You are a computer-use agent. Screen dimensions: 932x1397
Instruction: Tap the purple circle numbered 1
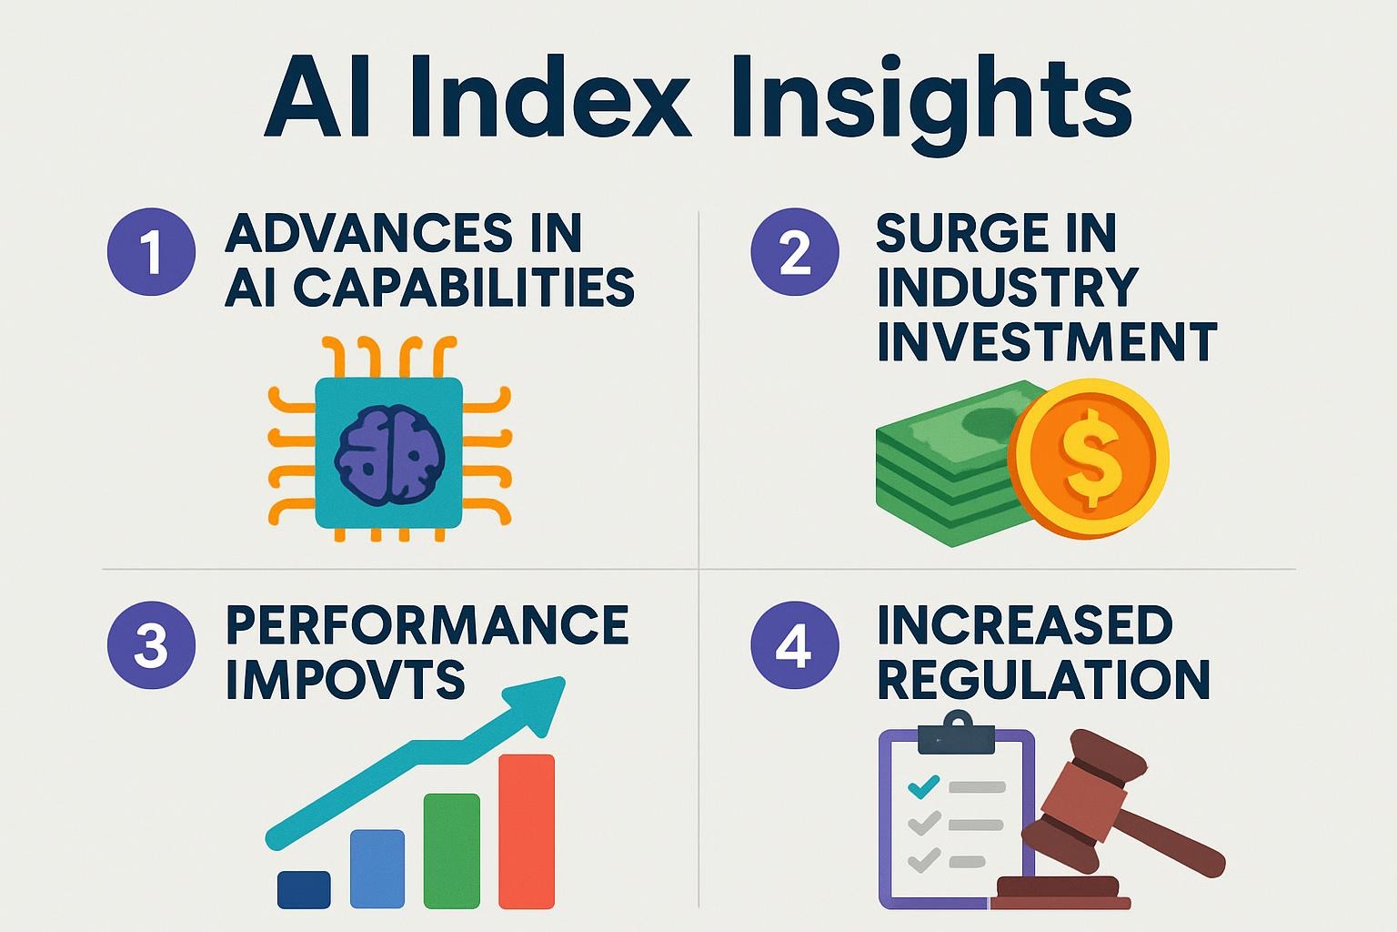(151, 252)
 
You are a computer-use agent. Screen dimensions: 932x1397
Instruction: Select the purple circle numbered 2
(794, 252)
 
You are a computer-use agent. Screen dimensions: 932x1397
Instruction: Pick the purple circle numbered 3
(151, 646)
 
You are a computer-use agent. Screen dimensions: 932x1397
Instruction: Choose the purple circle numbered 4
(794, 646)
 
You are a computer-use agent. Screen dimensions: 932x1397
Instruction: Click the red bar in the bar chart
(527, 831)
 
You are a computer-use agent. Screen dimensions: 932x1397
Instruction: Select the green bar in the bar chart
(452, 851)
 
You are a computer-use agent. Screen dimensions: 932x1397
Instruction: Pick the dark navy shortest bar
(304, 889)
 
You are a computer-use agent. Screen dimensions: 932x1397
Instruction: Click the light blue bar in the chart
(377, 869)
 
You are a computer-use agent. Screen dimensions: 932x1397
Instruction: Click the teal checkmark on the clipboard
(924, 785)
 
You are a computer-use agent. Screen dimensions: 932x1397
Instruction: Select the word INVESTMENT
(1046, 342)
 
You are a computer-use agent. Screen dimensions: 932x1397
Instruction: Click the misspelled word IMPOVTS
(346, 680)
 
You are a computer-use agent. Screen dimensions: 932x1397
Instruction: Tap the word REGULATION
(1043, 680)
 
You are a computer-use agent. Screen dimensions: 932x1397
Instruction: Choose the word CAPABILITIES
(464, 288)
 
